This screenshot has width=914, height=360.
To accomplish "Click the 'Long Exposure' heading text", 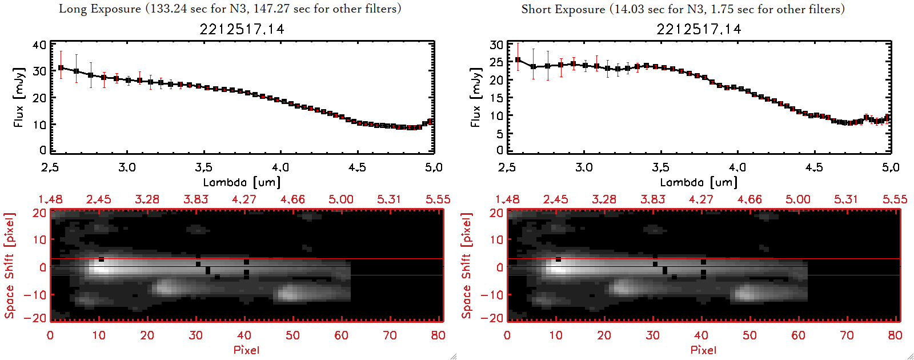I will coord(100,9).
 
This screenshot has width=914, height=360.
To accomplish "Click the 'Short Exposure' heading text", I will coord(563,9).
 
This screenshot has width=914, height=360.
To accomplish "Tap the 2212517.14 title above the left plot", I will coord(242,29).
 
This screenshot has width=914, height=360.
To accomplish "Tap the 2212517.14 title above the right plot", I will coord(699,29).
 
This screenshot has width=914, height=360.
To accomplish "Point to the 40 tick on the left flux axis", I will coord(39,45).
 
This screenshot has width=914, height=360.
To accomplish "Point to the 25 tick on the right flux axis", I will coord(496,62).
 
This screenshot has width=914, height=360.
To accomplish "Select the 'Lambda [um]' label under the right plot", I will coord(699,182).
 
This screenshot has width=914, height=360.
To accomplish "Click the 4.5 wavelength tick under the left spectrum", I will coord(357,167).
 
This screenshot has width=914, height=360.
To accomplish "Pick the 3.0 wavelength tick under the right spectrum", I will coord(584,167).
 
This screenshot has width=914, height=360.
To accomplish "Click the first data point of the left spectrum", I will coord(61,68).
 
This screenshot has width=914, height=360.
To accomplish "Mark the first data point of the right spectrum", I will coord(518,59).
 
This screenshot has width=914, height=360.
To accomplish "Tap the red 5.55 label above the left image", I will coord(438,199).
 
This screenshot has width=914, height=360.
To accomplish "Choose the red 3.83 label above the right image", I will coord(652,199).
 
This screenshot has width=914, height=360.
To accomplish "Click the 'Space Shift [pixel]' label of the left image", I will coord(9,266).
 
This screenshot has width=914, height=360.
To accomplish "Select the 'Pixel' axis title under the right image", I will coord(703,350).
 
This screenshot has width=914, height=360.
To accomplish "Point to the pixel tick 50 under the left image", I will coord(292,335).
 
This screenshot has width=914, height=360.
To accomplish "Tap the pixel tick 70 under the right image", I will coord(847,335).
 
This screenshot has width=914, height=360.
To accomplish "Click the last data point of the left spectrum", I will coord(431,121).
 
